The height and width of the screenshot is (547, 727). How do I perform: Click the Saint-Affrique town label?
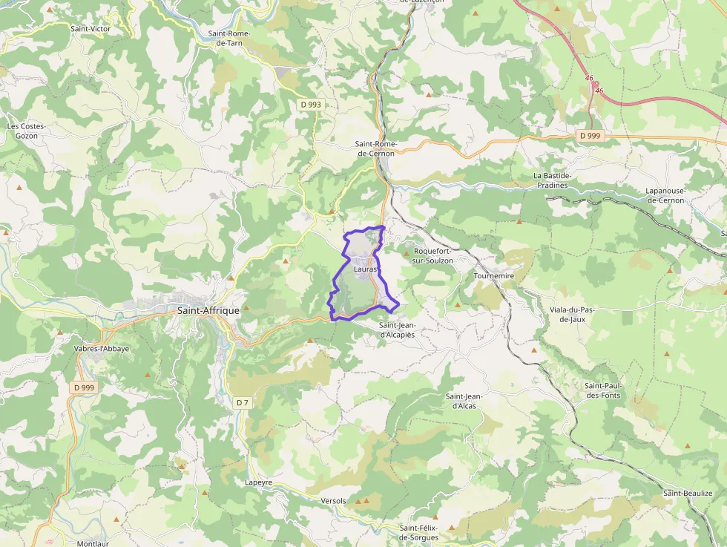pos(208,311)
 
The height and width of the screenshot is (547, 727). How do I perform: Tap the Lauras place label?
pos(366,269)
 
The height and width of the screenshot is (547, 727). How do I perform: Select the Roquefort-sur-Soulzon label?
pos(433,256)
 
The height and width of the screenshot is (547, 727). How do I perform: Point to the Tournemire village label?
pos(493,275)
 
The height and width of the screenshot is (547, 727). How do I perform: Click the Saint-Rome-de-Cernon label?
pos(375,148)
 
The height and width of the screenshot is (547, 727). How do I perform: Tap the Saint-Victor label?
pos(91,29)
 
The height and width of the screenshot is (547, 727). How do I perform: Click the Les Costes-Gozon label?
pos(27,131)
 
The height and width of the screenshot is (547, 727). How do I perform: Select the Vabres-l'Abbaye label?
pos(102,349)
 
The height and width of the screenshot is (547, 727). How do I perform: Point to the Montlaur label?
pos(93,543)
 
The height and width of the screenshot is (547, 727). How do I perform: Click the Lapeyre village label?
pos(259,482)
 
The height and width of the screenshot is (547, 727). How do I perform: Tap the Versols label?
pos(334,501)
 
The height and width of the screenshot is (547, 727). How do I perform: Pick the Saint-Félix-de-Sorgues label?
pos(419,532)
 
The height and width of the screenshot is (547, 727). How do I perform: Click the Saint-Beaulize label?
pos(688,494)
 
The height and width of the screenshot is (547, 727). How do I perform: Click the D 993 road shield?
pos(312,105)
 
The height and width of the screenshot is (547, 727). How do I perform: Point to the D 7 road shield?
pos(242,402)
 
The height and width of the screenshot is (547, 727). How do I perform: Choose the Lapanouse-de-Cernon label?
pos(665,196)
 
